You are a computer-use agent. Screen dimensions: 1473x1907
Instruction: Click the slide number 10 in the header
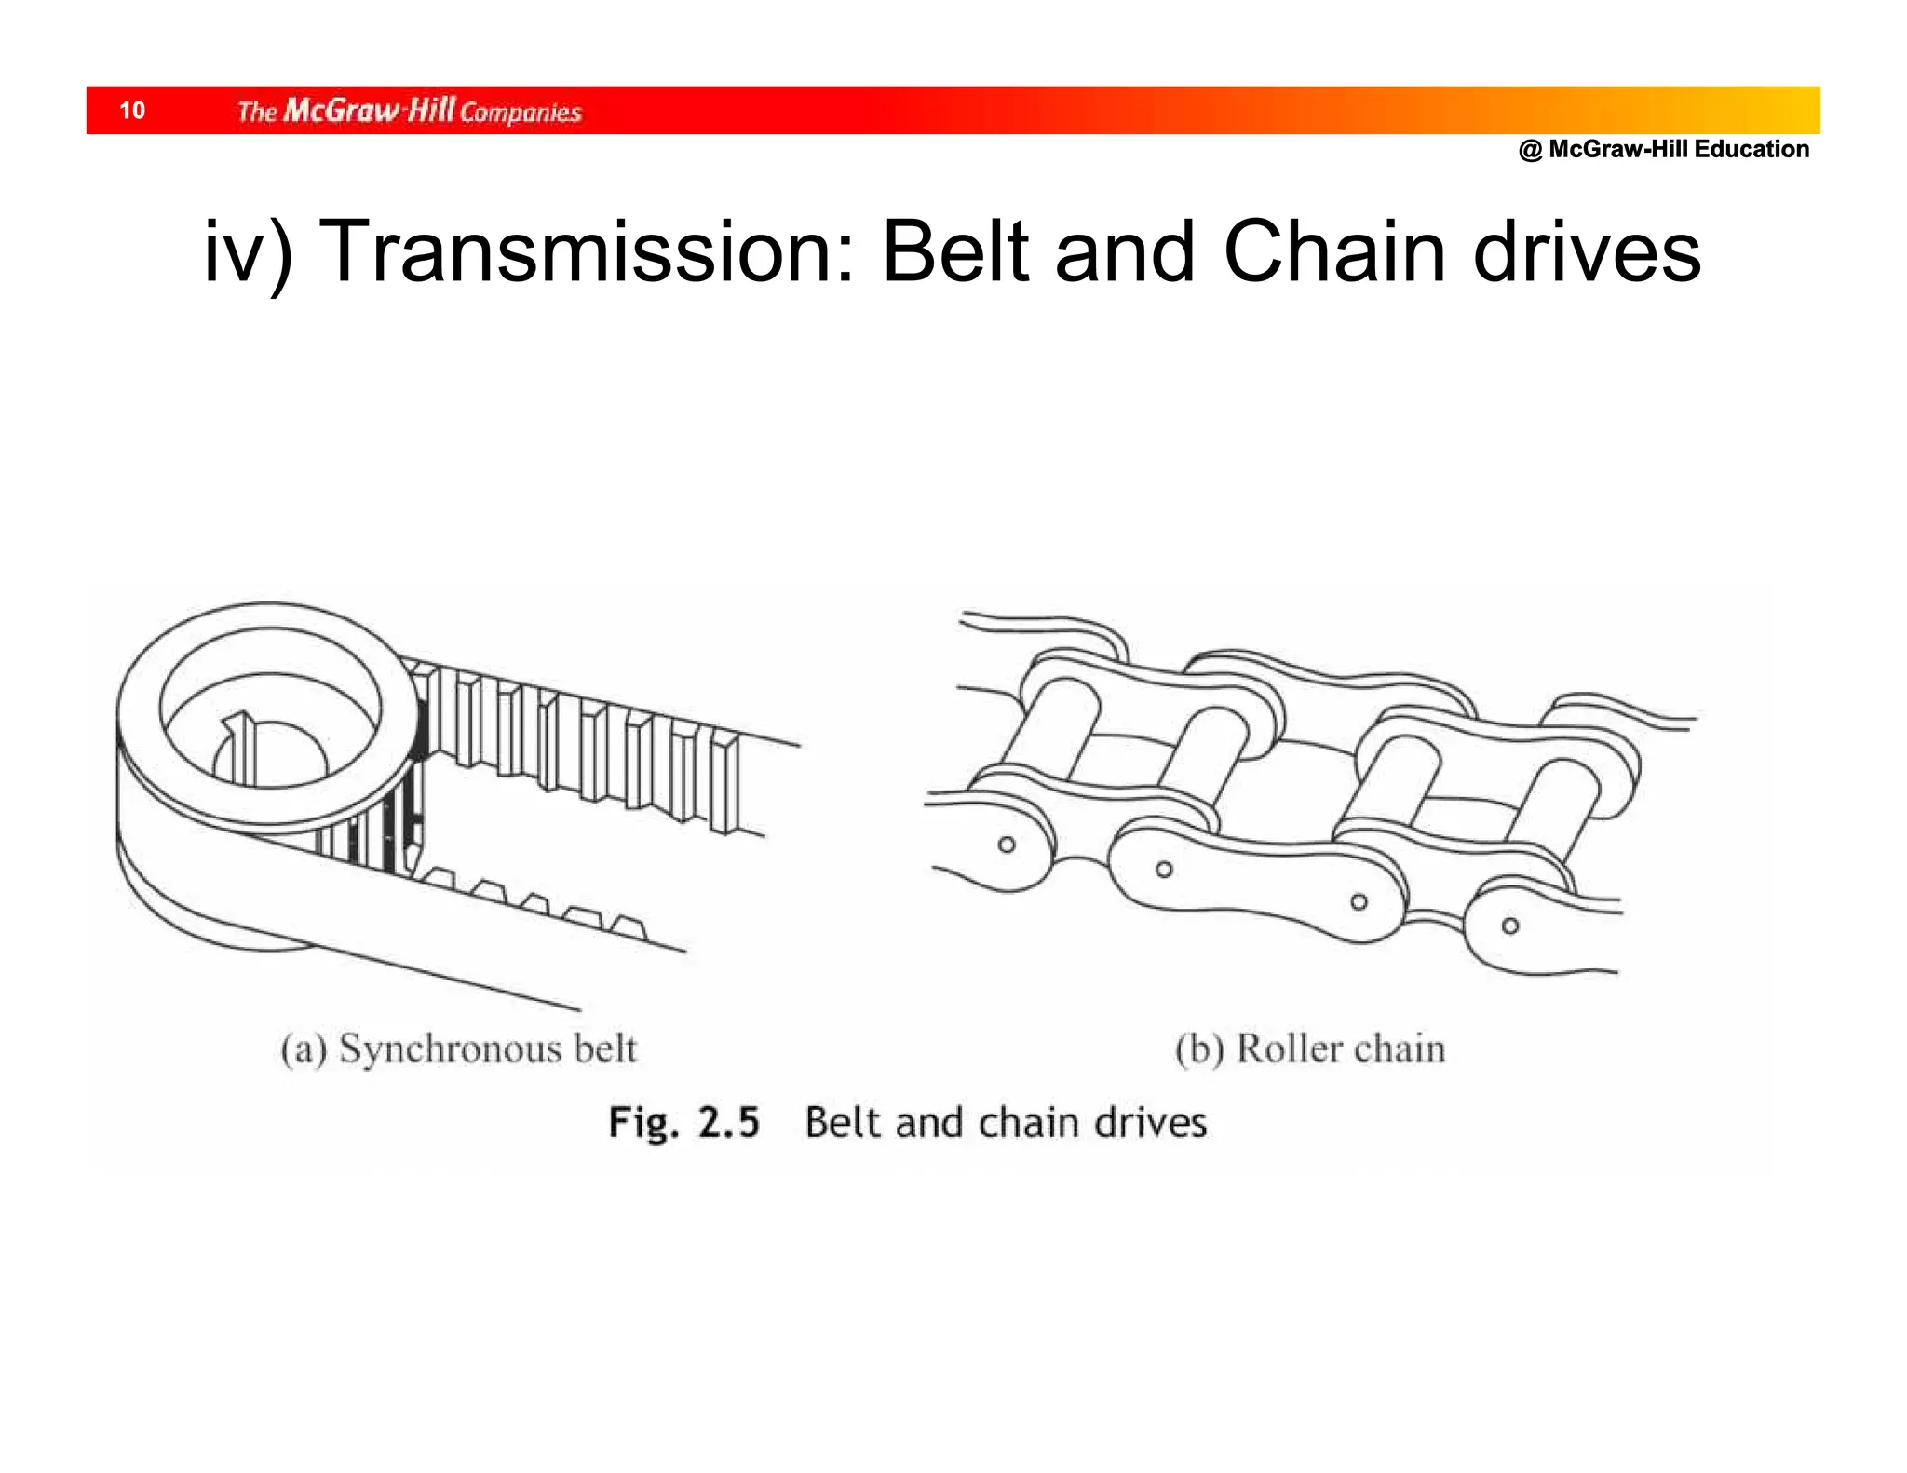coord(132,111)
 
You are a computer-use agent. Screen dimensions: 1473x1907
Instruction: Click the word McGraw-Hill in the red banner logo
coord(369,111)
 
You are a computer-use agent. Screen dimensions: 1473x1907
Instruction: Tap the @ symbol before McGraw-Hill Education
coord(1530,150)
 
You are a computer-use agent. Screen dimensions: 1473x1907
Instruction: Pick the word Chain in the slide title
coord(1334,252)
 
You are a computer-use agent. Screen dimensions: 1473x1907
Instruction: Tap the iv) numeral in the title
coord(248,252)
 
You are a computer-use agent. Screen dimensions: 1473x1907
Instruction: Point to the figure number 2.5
coord(729,1122)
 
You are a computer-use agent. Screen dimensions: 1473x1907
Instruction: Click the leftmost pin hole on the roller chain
coord(1007,845)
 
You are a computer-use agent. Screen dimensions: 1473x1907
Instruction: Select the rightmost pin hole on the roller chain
coord(1510,926)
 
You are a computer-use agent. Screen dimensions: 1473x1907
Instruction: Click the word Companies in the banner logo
coord(521,114)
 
